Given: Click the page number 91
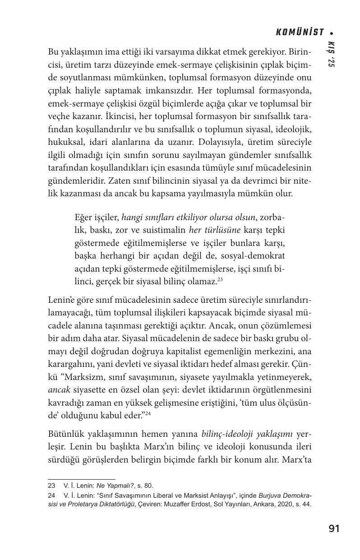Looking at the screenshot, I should [x=334, y=528].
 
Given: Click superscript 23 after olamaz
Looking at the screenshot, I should [x=221, y=279].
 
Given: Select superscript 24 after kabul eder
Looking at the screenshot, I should [x=148, y=414].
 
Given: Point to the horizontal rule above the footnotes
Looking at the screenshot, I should [x=82, y=479].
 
